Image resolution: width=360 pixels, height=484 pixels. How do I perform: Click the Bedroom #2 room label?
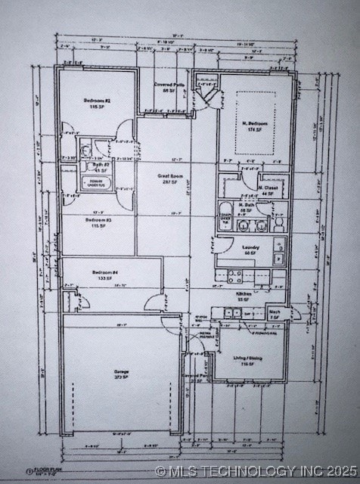click(97, 101)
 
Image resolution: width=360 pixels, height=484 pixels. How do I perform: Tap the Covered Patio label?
click(169, 85)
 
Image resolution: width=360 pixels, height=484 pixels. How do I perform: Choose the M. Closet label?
click(268, 188)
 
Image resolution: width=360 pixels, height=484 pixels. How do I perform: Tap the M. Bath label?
click(246, 205)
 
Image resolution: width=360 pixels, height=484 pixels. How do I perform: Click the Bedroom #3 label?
click(97, 220)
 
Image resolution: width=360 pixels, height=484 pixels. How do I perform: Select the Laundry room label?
click(251, 247)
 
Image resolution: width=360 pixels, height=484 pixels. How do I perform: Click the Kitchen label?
click(244, 293)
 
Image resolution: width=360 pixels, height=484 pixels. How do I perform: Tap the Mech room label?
click(275, 312)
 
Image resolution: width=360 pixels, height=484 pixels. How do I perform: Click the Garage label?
click(121, 372)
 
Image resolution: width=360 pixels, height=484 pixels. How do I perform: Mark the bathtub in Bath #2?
click(98, 183)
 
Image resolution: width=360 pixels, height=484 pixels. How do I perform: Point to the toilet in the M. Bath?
click(278, 224)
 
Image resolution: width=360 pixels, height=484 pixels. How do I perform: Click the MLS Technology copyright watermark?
click(257, 470)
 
